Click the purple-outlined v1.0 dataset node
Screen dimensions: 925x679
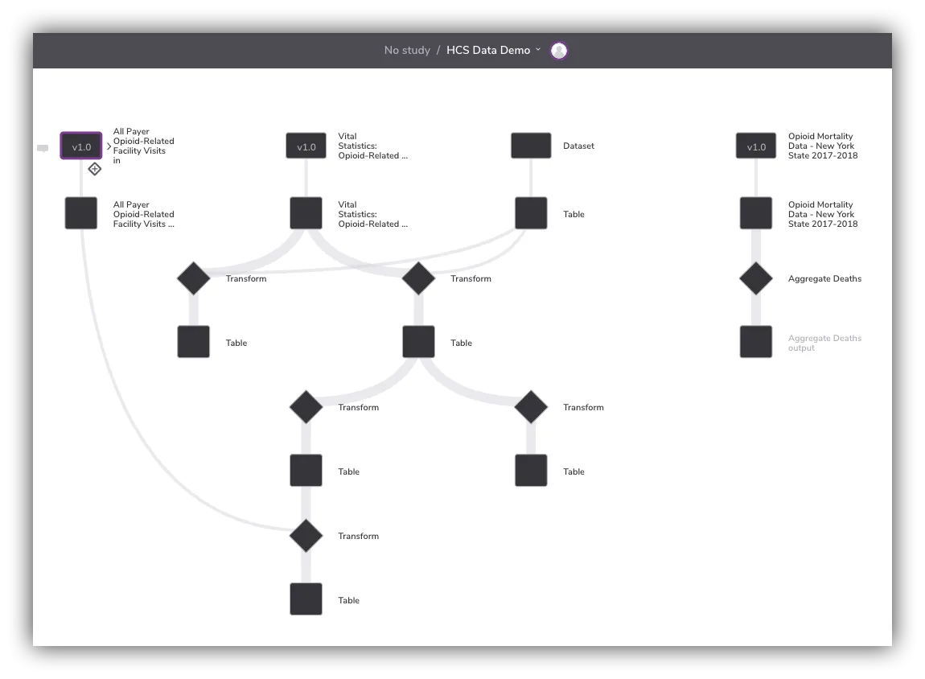[81, 146]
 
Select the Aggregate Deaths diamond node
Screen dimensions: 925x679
[756, 278]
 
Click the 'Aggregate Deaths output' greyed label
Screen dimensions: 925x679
[824, 343]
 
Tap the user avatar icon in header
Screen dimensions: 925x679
[559, 51]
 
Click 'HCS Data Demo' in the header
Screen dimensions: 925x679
[488, 50]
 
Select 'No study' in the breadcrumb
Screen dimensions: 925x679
[407, 50]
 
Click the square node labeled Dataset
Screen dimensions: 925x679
[531, 146]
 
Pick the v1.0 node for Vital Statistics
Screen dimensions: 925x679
[306, 146]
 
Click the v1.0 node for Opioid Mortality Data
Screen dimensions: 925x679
[756, 146]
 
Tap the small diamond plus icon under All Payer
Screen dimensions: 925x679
[94, 169]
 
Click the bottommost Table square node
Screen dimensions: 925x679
[306, 599]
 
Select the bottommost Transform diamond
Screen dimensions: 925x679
[306, 536]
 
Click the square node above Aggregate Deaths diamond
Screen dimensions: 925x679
[756, 213]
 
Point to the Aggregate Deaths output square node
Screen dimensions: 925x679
[756, 342]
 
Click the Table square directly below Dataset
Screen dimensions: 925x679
[531, 213]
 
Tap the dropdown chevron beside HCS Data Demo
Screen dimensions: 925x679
[538, 50]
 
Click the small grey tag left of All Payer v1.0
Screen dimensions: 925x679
[43, 148]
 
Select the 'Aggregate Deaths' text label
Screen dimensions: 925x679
[824, 278]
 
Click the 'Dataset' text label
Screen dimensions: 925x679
[578, 146]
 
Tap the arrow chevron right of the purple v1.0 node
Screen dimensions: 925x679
[109, 146]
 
